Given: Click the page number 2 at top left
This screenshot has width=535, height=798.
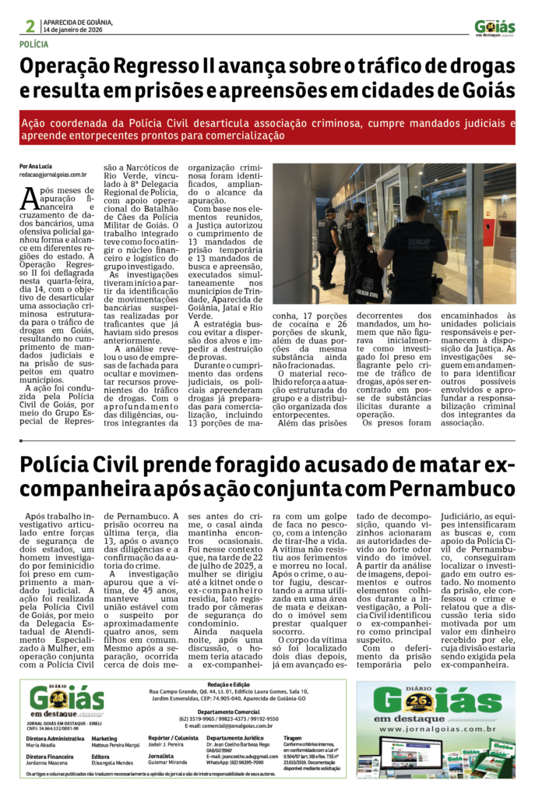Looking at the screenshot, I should [x=30, y=26].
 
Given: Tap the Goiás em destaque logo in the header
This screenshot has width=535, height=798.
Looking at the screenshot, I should [x=495, y=27].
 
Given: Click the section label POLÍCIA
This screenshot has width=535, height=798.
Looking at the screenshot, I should [x=33, y=45].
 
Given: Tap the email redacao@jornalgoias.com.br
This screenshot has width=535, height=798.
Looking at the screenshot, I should [x=53, y=175].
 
